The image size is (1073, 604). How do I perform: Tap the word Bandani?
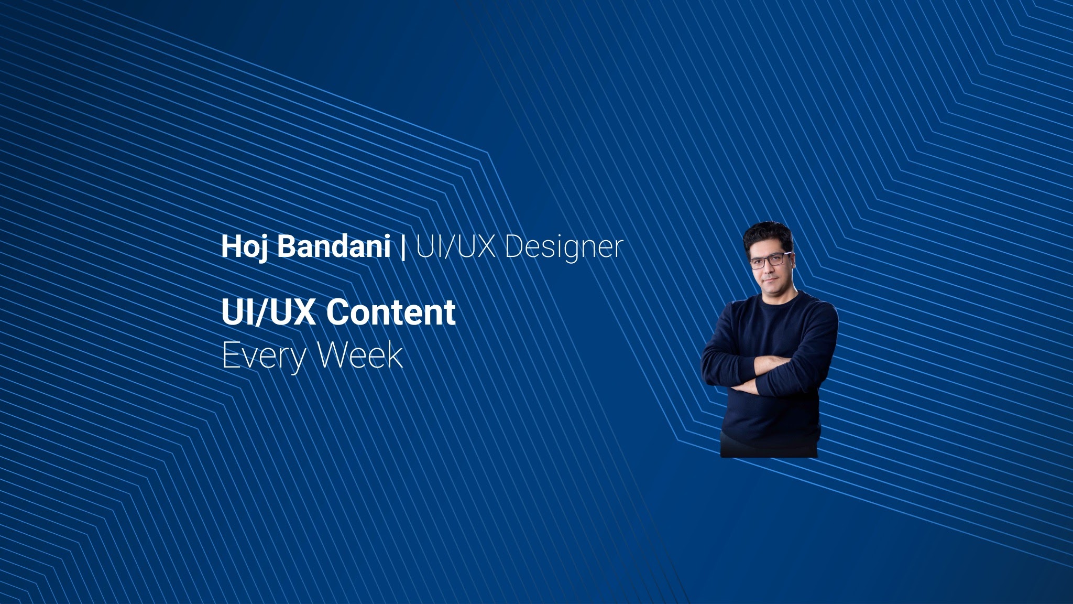(333, 246)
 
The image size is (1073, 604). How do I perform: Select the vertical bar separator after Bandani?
(403, 246)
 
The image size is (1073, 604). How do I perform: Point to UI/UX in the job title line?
(456, 246)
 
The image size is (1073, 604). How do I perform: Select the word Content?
(391, 312)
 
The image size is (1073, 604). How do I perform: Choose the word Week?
(360, 355)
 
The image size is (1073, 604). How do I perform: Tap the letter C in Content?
(338, 312)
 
